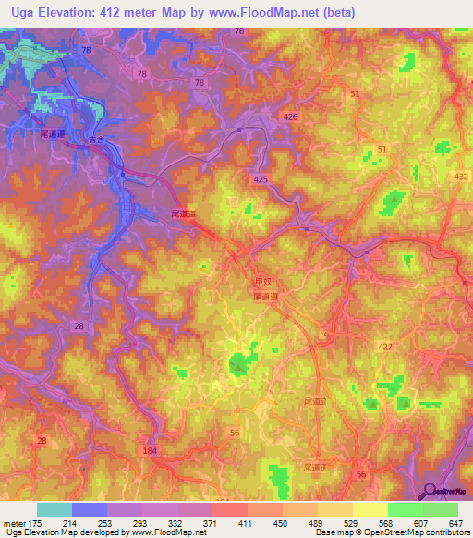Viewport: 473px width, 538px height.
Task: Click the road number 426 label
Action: pos(291,117)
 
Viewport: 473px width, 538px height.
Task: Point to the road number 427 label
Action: pos(385,346)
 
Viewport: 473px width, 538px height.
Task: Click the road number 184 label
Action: pos(151,450)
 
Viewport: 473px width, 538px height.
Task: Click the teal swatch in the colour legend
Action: pos(54,509)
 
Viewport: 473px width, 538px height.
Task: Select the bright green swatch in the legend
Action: pos(405,509)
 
